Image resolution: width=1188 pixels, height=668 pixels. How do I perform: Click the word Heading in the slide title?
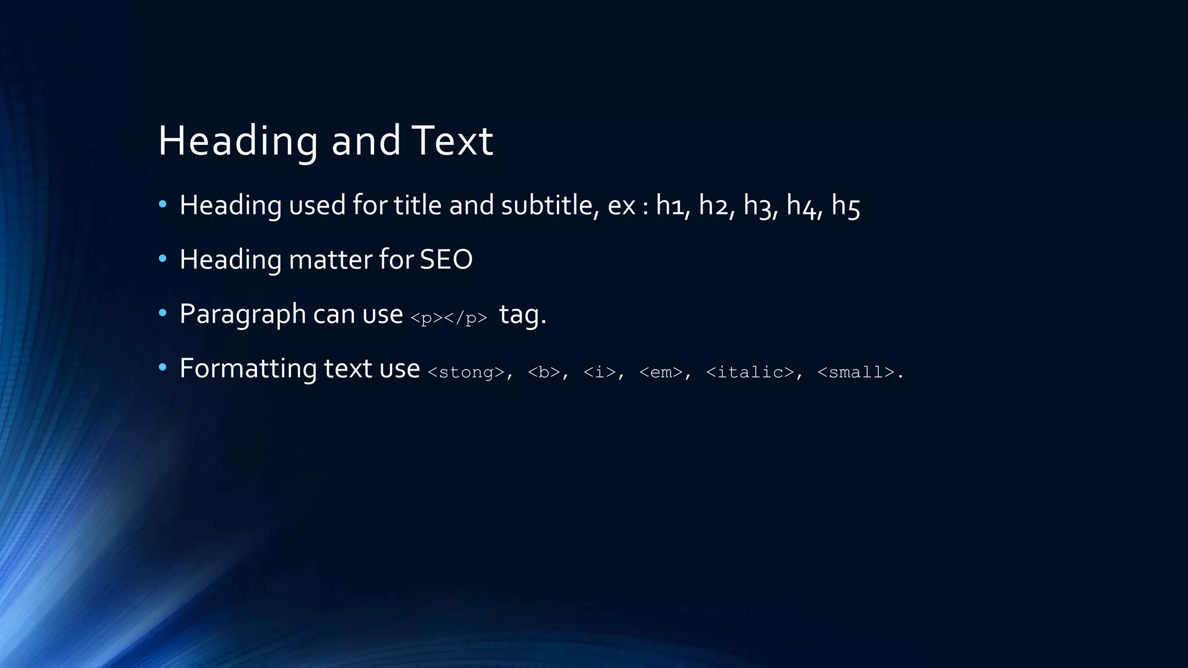point(238,141)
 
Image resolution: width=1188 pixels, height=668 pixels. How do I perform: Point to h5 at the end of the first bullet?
point(845,205)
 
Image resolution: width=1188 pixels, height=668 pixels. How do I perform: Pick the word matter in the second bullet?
point(329,259)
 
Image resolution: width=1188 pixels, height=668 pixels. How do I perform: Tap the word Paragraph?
point(242,314)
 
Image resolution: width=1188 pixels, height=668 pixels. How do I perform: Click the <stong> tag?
point(466,372)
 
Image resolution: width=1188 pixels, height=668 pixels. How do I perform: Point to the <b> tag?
point(544,372)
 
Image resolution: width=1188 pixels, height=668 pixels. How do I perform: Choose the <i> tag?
point(599,372)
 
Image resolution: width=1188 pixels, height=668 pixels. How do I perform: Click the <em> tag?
point(661,372)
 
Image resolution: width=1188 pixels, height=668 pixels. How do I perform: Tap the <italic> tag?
point(749,372)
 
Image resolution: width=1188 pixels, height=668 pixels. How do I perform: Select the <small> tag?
point(856,372)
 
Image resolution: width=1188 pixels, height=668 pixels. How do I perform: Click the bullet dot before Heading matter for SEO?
point(162,259)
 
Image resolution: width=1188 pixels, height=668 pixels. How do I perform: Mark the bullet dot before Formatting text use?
point(162,367)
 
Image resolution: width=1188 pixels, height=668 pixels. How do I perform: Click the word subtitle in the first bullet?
point(546,205)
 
